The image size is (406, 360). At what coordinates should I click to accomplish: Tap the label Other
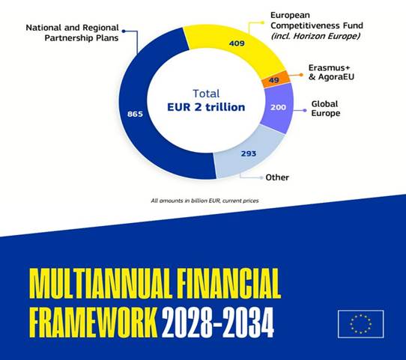click(x=277, y=177)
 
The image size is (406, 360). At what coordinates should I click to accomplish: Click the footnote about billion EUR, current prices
click(x=203, y=200)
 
